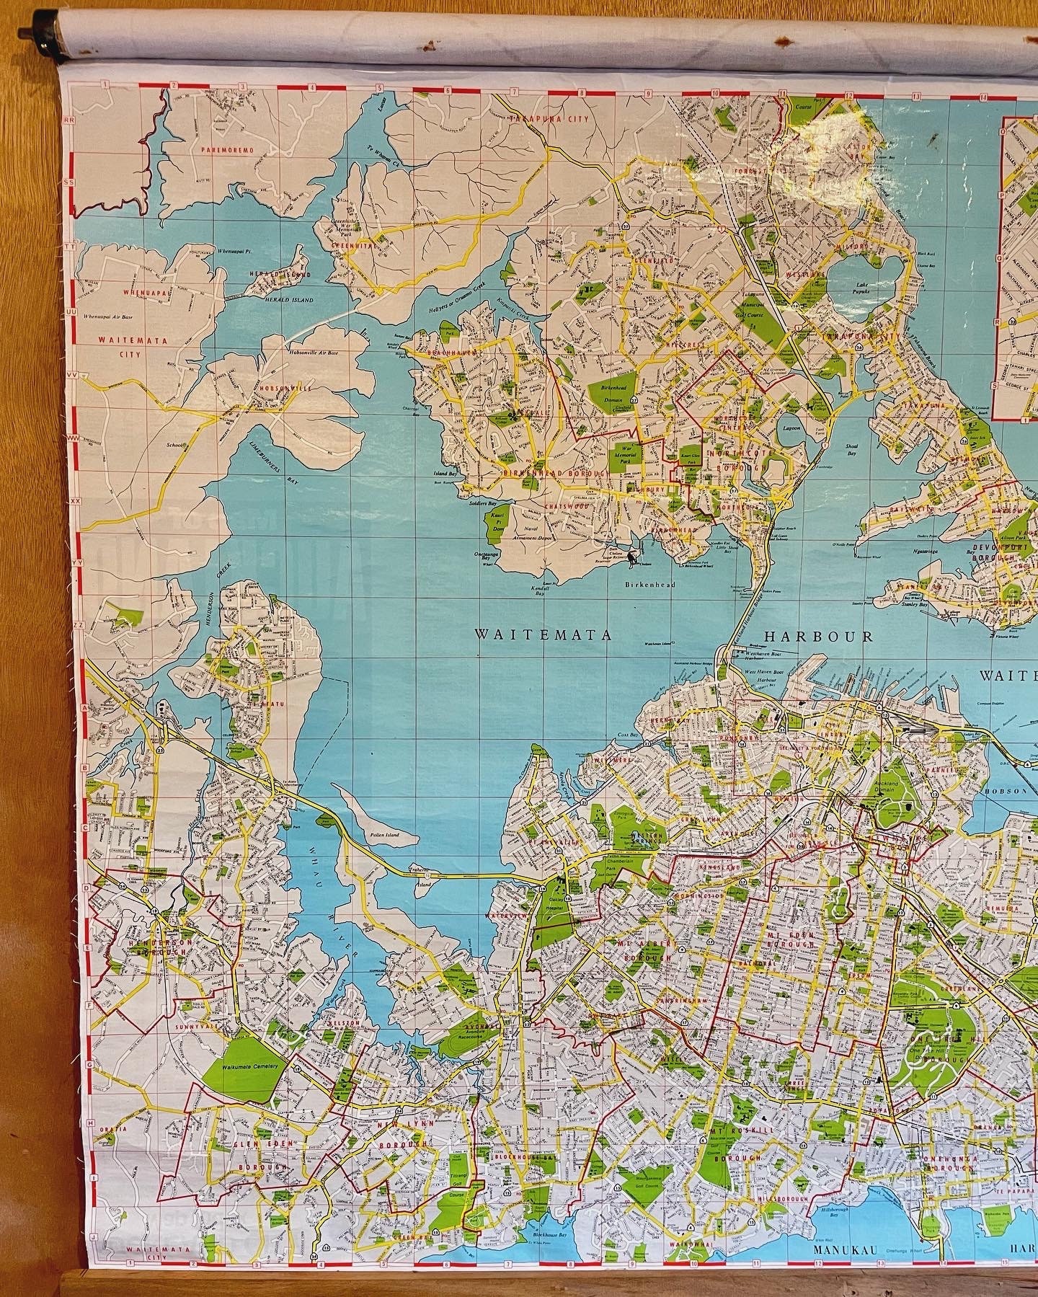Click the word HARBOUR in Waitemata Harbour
click(x=818, y=637)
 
